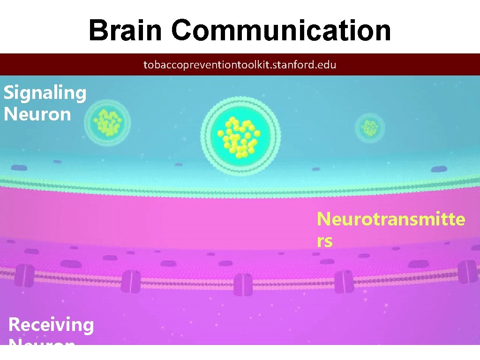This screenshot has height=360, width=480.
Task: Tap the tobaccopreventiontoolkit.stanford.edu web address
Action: click(240, 65)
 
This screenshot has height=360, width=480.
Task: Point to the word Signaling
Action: click(45, 93)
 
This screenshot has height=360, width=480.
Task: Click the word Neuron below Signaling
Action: click(37, 114)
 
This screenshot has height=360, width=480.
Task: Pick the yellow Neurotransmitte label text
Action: click(391, 219)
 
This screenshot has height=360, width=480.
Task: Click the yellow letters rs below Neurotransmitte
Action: click(325, 241)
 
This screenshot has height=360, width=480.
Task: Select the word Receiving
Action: click(51, 324)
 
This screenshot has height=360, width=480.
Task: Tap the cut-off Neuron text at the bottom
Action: click(42, 342)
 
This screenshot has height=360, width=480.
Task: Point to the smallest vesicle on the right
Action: click(370, 127)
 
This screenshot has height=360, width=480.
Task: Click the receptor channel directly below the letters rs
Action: click(347, 280)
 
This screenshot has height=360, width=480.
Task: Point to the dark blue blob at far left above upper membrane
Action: click(19, 167)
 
